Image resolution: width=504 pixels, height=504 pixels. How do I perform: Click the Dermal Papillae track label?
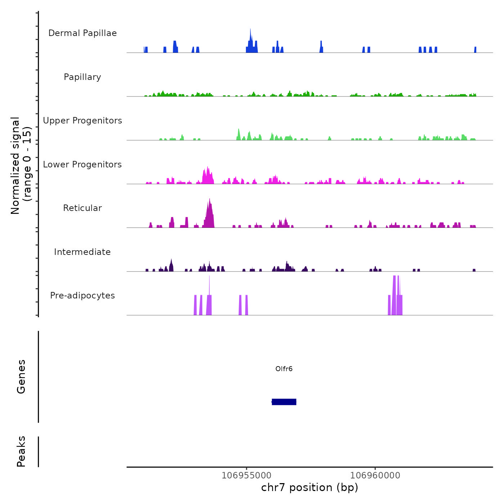(82, 33)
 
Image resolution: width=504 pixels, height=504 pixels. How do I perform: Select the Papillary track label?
(82, 77)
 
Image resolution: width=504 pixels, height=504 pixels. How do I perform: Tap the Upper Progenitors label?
(82, 121)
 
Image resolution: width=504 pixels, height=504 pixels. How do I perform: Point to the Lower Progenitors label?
(82, 165)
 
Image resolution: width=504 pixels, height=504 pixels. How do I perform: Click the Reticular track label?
(82, 208)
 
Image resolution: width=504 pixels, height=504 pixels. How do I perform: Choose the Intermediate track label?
(82, 252)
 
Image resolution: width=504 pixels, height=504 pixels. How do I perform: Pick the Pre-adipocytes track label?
(82, 296)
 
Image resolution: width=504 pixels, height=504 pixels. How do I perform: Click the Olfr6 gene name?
(284, 369)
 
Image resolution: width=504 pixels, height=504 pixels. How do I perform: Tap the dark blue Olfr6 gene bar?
(284, 402)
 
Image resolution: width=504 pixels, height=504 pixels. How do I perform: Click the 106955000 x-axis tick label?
(247, 475)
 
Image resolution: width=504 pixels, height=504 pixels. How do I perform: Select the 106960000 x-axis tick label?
(375, 475)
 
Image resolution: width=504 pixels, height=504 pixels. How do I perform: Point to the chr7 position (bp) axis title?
(310, 487)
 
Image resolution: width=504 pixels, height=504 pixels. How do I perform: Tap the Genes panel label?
(21, 376)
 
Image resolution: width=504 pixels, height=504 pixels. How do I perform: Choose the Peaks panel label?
(21, 451)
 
